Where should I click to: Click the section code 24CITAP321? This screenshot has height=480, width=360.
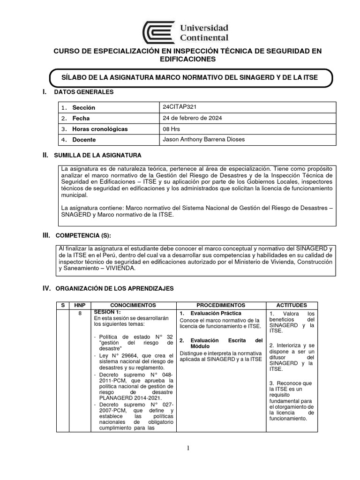pos(178,107)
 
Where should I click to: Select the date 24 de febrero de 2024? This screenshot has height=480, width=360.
pos(192,118)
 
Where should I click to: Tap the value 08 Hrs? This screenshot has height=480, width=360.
pos(170,129)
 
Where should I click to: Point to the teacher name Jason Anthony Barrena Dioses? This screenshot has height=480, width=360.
pos(202,140)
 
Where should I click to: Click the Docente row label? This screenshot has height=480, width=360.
pos(84,140)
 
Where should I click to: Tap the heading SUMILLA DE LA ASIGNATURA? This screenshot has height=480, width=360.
pos(97,155)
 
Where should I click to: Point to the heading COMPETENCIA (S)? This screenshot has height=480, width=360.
pos(83,234)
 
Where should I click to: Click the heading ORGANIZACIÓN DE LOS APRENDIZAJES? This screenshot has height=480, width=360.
pos(114,289)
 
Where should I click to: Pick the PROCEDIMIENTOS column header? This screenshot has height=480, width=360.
pos(221,305)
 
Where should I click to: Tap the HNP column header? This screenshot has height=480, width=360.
pos(81,305)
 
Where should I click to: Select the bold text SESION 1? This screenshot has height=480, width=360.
pos(108,312)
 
